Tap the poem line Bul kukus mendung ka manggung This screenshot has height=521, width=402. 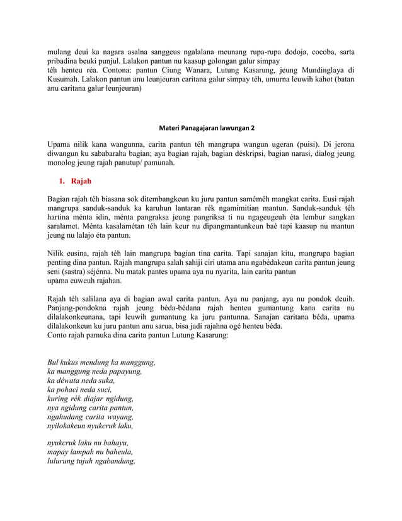(101, 363)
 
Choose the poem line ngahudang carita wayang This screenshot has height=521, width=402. (91, 417)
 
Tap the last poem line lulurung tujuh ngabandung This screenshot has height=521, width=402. (92, 461)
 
